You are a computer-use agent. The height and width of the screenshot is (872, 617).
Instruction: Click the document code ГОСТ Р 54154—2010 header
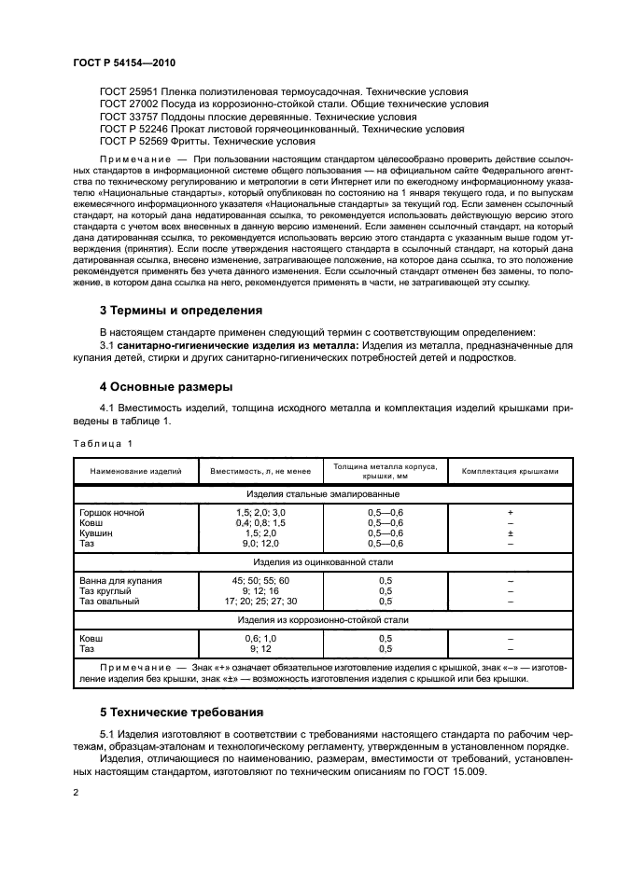click(x=123, y=62)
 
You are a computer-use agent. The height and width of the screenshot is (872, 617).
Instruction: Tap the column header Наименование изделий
click(x=135, y=471)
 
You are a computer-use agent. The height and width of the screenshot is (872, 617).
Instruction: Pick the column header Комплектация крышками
click(x=510, y=471)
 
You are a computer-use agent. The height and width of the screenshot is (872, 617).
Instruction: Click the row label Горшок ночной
click(x=114, y=513)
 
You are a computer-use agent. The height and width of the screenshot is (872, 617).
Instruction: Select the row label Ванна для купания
click(x=121, y=580)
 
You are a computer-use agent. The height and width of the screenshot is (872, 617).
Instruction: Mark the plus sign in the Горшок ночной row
click(x=510, y=513)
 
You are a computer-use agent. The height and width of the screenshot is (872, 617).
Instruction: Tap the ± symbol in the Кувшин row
click(x=510, y=533)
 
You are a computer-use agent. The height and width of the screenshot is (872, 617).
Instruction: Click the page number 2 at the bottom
click(x=76, y=793)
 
